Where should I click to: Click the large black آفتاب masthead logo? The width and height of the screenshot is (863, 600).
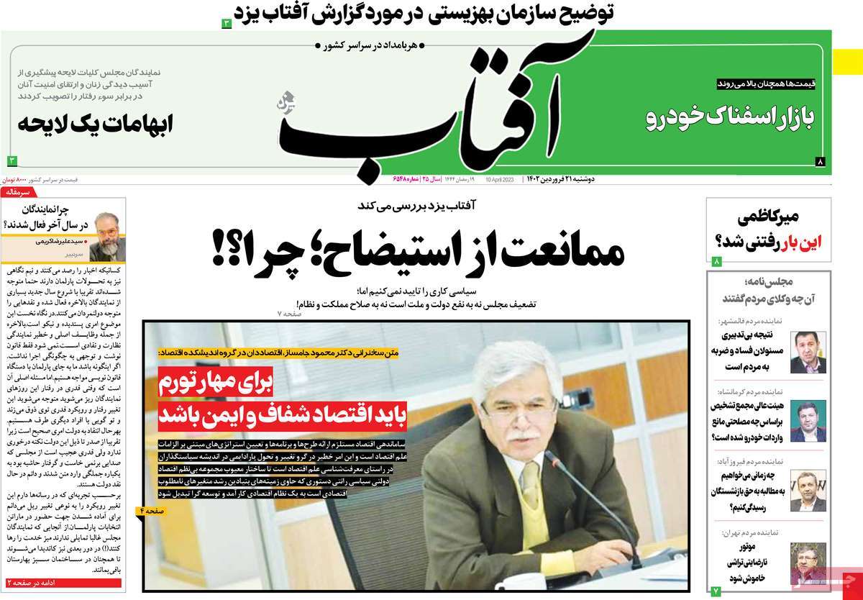point(431,108)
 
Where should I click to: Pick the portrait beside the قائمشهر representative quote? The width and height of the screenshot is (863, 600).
point(808,352)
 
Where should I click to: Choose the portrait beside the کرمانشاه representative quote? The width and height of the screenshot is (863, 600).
point(808,421)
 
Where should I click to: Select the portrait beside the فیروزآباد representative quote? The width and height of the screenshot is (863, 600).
point(808,491)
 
